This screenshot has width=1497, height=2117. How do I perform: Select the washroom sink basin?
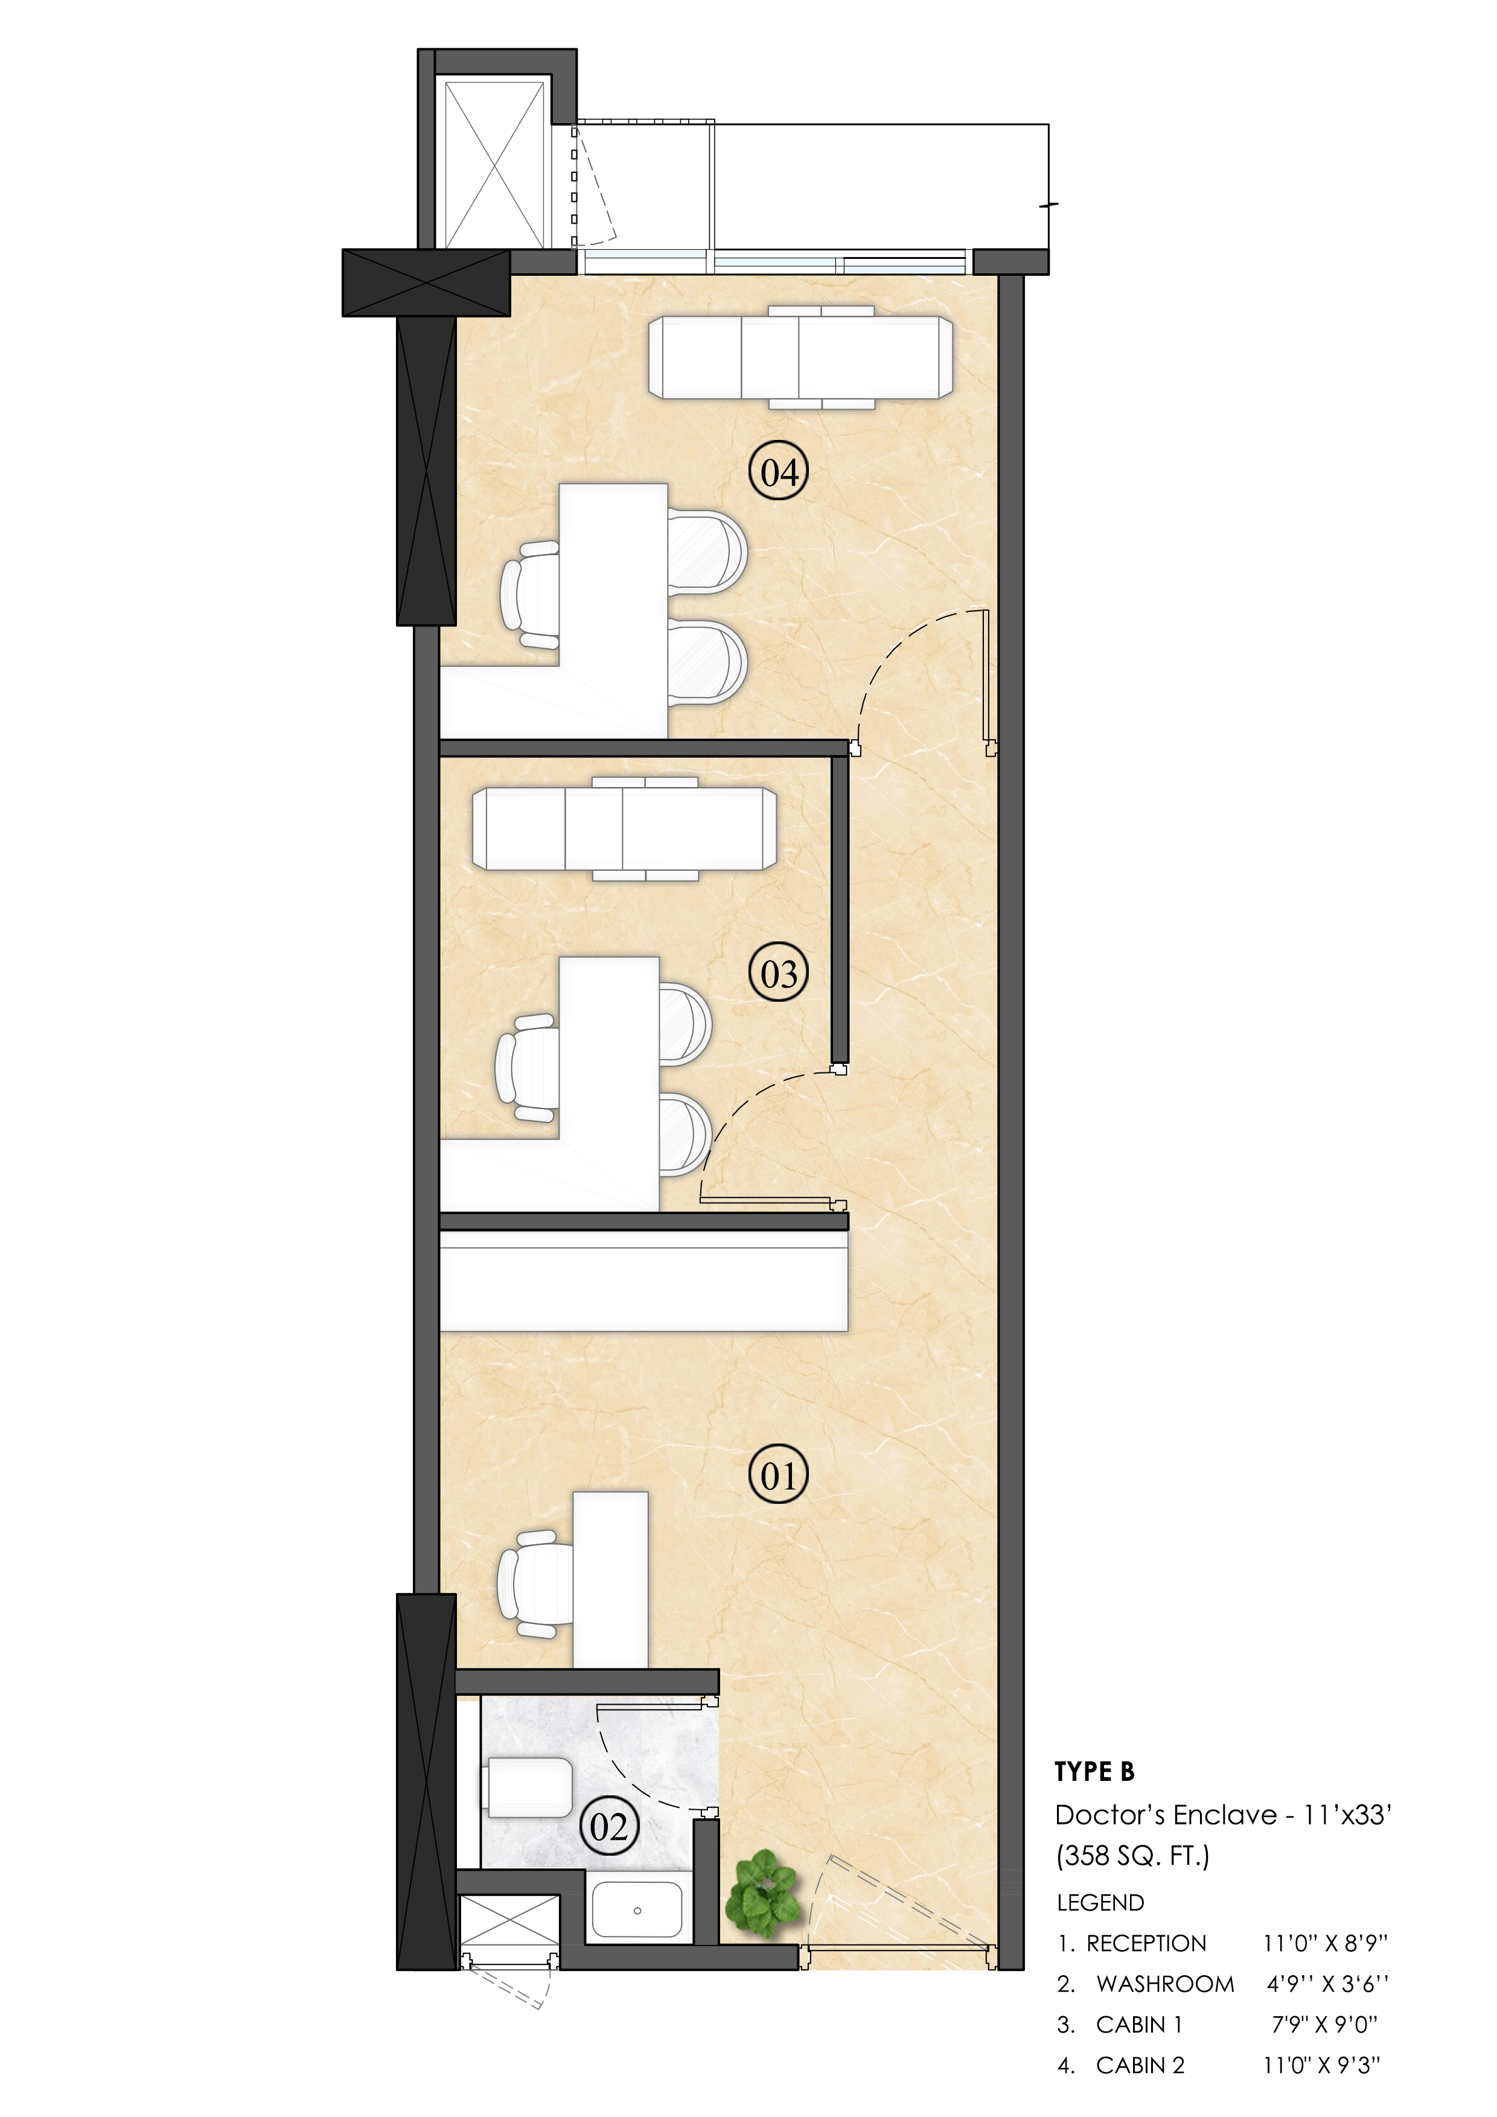(636, 1909)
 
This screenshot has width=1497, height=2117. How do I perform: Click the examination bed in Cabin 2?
(800, 357)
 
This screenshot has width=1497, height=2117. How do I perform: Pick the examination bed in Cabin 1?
(624, 828)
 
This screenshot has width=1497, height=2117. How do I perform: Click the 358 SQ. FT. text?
(1132, 1855)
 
